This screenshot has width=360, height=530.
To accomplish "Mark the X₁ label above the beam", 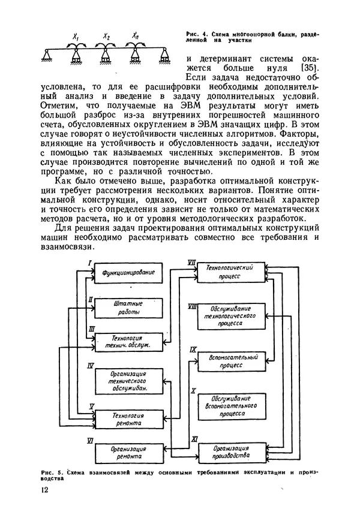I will [x=76, y=38].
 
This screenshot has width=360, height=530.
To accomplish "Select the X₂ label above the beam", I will [x=106, y=37].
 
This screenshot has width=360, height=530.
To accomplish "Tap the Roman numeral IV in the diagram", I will [x=89, y=365].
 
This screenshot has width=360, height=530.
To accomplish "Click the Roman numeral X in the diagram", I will [x=193, y=391].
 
